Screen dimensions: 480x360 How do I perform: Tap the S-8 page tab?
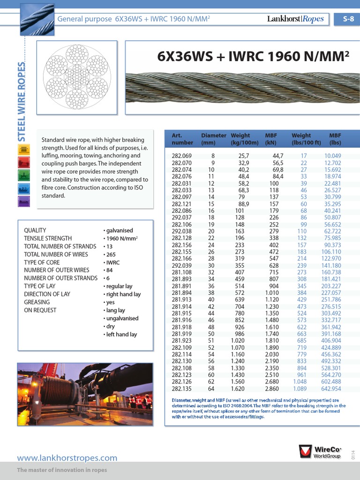348,19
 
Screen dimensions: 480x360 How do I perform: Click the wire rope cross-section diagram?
75,76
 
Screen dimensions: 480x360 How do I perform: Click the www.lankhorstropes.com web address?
67,458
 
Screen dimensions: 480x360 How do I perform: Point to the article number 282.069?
181,156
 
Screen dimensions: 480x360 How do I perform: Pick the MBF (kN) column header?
271,139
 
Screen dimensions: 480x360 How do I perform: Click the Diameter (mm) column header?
213,139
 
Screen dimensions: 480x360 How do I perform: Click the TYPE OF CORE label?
42,262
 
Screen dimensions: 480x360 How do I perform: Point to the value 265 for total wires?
110,255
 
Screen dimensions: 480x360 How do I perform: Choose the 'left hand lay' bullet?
121,334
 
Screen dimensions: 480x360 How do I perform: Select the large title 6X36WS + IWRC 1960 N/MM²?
254,56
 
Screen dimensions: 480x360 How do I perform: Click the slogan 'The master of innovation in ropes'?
62,470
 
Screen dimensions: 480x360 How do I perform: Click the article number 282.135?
181,389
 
